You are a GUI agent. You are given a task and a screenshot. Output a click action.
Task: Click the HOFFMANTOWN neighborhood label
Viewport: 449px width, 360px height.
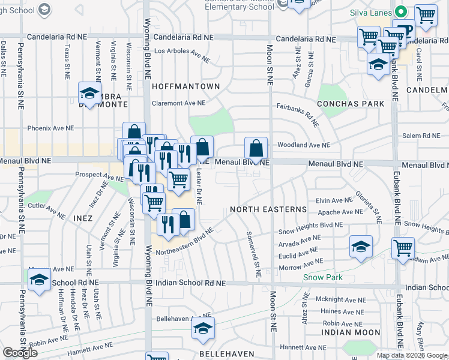tap(185, 86)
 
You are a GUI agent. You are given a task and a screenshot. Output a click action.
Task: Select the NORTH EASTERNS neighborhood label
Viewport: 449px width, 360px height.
tap(268, 209)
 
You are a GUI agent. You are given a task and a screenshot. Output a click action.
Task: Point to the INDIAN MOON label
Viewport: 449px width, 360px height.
tap(350, 332)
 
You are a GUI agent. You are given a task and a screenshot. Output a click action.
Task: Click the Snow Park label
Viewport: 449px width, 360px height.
tap(322, 277)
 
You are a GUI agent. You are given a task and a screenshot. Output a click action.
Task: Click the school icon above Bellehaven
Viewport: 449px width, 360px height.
tap(203, 328)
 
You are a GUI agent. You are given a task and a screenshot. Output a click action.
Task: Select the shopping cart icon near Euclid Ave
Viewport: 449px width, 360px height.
tap(403, 247)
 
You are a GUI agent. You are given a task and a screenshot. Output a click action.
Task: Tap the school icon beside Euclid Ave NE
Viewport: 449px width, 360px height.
tap(361, 246)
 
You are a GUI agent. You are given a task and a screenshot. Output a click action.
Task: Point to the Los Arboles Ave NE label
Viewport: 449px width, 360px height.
tap(182, 55)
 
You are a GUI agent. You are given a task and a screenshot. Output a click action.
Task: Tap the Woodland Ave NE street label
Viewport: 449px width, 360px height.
tap(303, 145)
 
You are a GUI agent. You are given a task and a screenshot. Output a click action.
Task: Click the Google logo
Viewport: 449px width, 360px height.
tap(20, 353)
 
